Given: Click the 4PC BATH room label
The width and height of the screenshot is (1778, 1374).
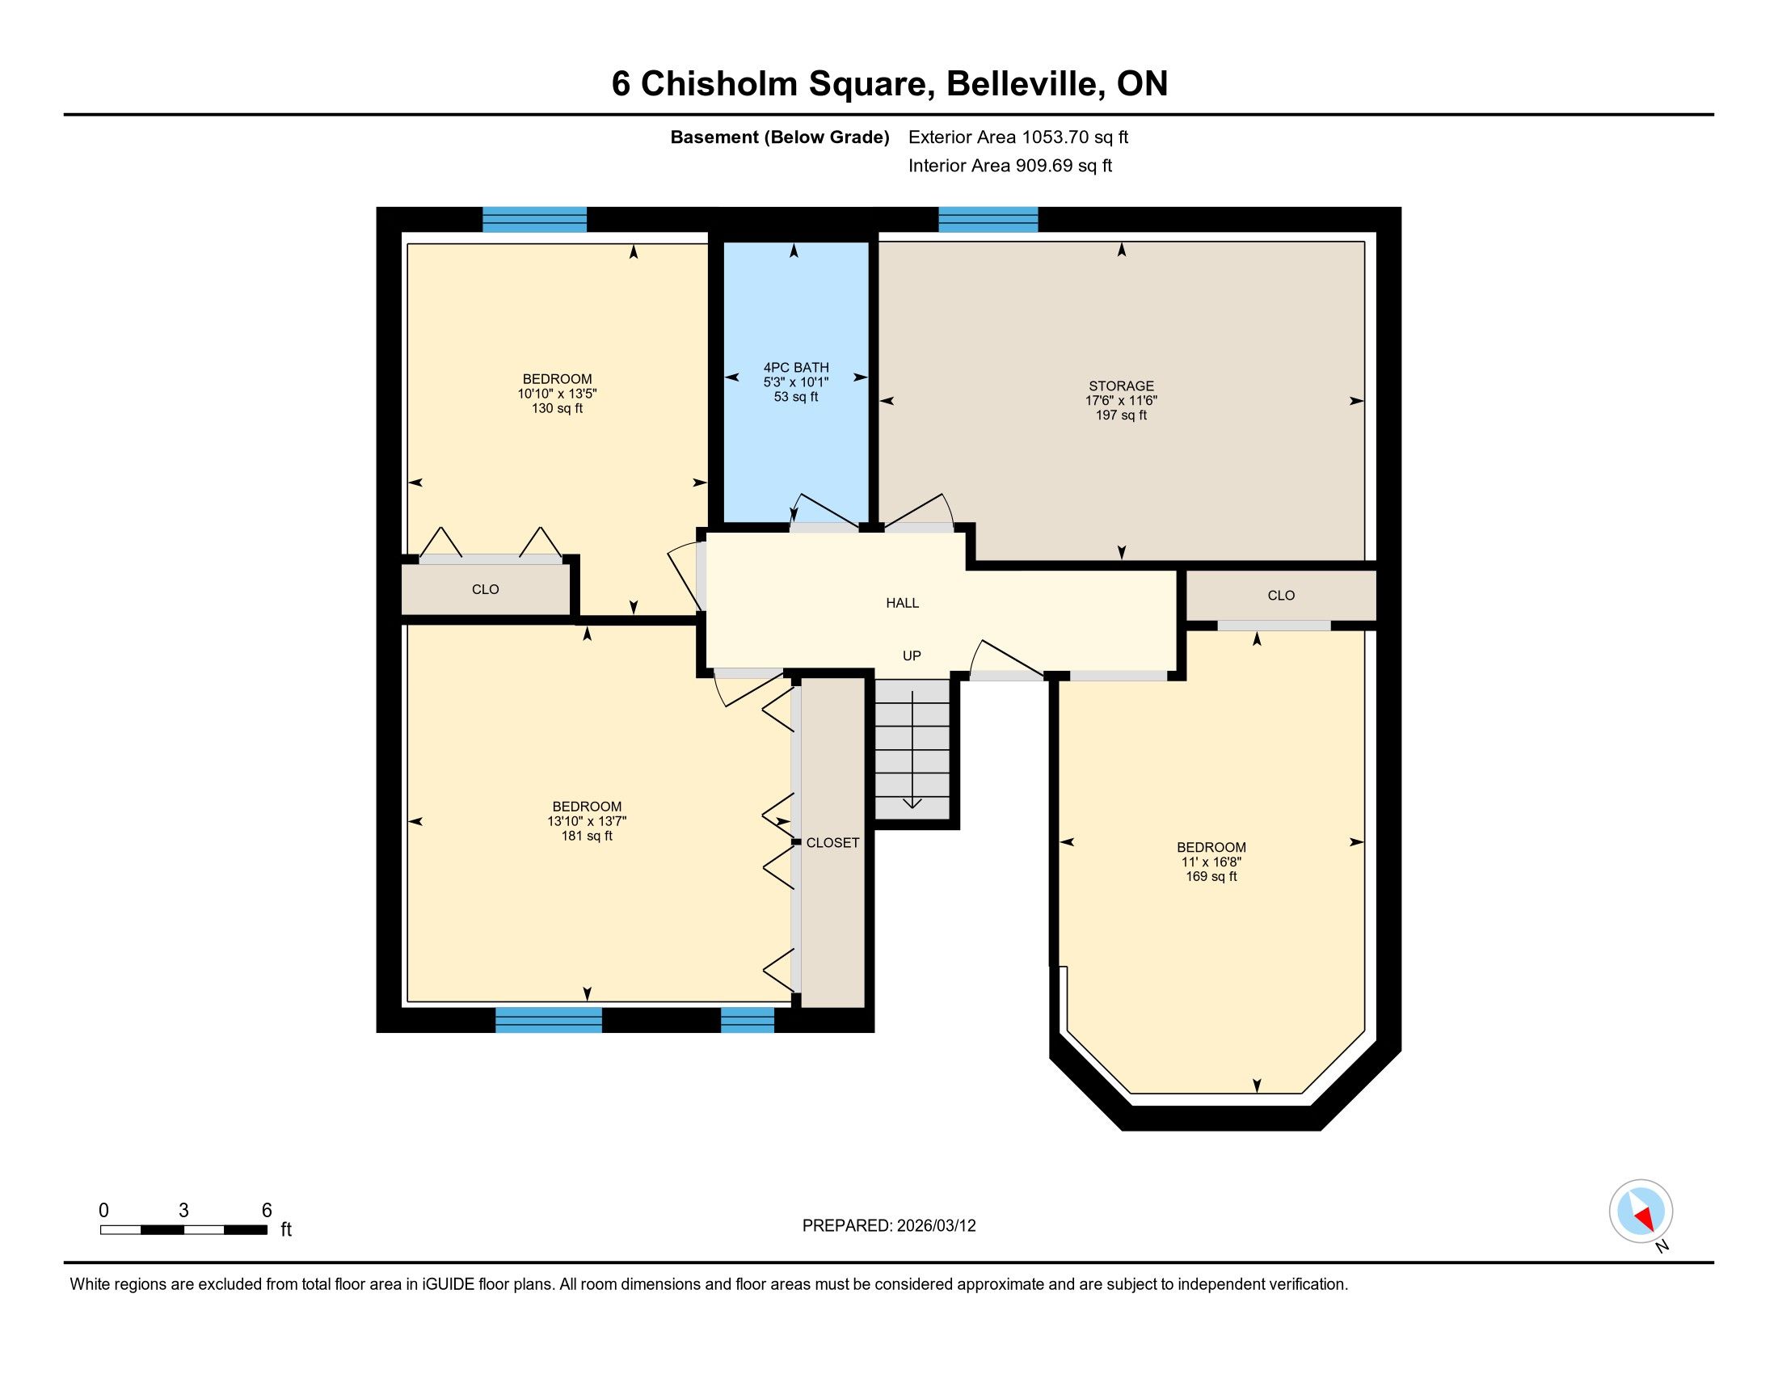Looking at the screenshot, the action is point(795,368).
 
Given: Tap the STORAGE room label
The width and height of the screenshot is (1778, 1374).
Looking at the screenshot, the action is point(1121,386).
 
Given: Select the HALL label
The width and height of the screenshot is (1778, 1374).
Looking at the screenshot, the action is point(902,603).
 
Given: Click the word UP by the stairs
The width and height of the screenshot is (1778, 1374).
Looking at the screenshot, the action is point(912,656).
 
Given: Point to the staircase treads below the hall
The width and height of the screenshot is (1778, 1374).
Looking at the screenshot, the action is point(912,749).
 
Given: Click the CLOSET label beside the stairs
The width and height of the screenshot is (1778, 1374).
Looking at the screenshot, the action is point(832,843).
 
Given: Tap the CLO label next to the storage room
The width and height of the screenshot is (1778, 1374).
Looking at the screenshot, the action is point(1281,596).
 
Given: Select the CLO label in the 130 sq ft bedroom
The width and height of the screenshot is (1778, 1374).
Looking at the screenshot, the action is point(485,589).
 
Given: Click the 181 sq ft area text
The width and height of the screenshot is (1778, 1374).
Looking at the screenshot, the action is point(586,836).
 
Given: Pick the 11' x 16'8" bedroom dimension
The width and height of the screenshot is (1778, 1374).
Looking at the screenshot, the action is point(1211,862).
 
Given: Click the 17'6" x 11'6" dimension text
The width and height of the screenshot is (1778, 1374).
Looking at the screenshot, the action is point(1121,400).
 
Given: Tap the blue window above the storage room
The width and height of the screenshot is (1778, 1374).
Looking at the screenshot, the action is point(988,220).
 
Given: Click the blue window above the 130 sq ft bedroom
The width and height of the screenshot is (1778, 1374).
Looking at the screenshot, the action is point(535,220).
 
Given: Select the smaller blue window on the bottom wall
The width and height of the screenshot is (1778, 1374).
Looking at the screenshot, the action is point(748,1020).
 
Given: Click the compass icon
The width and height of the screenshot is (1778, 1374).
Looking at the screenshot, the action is point(1641,1212).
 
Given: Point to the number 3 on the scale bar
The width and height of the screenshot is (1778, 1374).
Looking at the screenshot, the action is point(184,1211).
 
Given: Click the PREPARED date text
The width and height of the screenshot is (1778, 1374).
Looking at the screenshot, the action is point(889,1226).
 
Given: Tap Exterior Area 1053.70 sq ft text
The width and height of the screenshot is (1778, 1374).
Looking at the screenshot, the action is point(1018,137).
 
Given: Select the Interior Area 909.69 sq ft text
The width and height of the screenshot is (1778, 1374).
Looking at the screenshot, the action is point(1010,166).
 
